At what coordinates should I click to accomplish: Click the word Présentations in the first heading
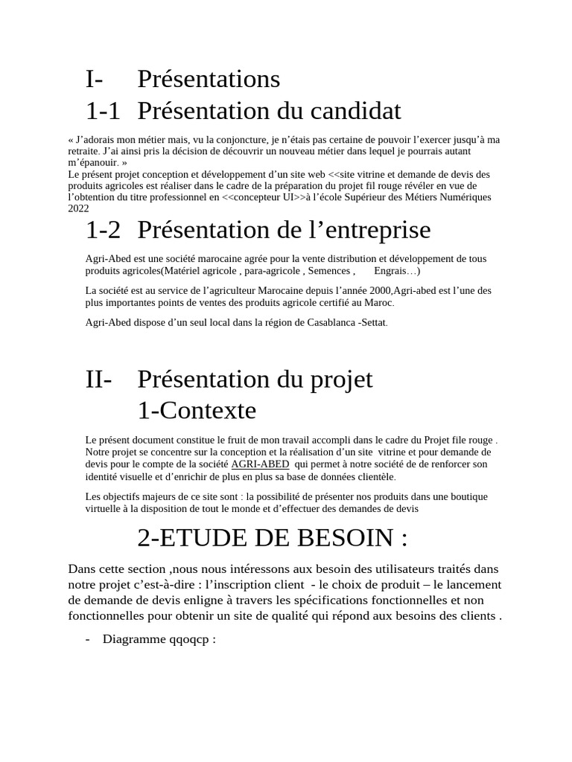209,79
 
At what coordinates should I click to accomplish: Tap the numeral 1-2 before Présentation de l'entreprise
103,231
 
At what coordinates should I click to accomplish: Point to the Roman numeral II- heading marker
99,380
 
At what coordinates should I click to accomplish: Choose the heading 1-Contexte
197,411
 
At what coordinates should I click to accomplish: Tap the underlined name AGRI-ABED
260,464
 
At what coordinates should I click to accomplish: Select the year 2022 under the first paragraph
78,208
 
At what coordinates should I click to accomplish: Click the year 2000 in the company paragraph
378,290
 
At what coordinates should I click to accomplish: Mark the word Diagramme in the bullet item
130,639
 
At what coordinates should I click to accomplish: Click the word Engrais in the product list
392,271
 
